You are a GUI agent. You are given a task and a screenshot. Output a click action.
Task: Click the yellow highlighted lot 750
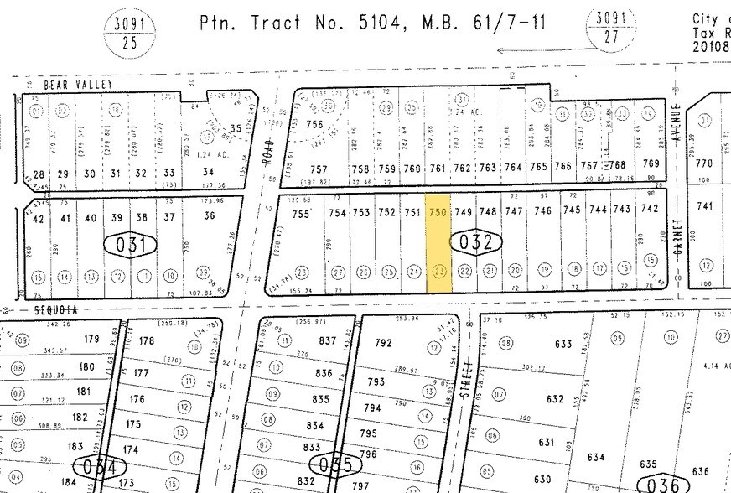[439, 243]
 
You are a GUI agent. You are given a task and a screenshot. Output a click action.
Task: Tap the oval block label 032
[480, 243]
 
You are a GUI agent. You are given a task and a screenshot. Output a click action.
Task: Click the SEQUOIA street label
[56, 309]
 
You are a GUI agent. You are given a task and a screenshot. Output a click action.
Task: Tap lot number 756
[314, 125]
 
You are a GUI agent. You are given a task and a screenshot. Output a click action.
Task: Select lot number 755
[301, 214]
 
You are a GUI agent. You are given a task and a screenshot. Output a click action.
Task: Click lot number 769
[651, 164]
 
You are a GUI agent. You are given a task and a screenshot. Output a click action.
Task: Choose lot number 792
[383, 342]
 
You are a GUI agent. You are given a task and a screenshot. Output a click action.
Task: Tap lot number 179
[91, 339]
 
